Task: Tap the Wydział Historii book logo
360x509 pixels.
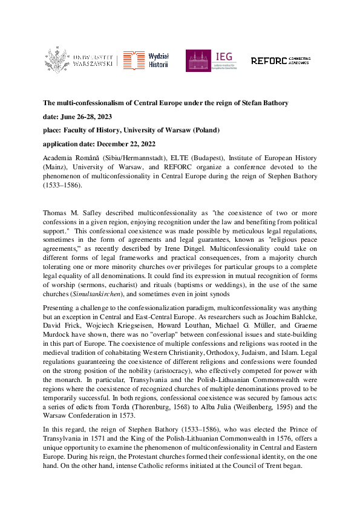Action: coord(134,60)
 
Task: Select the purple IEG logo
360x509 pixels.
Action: coord(198,60)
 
